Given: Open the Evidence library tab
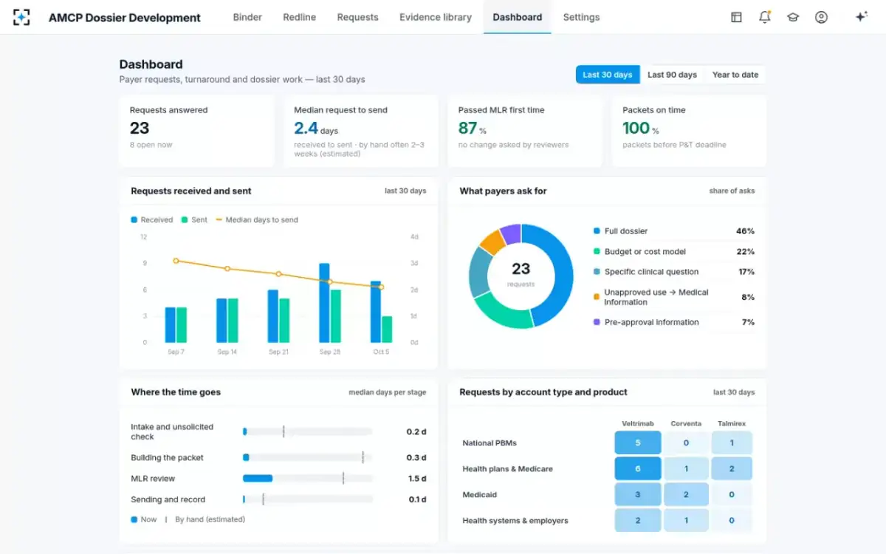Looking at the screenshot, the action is [436, 18].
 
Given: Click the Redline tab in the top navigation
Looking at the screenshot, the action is [300, 18].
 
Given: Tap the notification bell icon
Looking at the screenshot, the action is [765, 17].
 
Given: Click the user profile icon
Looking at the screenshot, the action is [821, 17].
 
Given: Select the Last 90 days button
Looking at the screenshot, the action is [672, 75].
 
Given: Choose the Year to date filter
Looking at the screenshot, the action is [735, 75].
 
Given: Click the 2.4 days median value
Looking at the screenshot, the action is [316, 129].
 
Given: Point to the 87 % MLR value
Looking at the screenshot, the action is [472, 129].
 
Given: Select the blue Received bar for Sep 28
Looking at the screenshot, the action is [324, 303].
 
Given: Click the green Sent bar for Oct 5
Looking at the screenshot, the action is [387, 329].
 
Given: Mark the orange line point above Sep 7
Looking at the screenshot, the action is [176, 261].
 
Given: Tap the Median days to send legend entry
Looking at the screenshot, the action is [257, 219].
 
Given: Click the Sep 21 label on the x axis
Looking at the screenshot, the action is [278, 352].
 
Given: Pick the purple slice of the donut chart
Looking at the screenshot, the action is [511, 234].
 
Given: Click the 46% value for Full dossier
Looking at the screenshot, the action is [745, 231].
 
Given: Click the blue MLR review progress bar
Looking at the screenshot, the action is [258, 479].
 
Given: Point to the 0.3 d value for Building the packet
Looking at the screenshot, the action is [416, 457].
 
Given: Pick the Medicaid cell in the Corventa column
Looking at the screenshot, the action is [686, 494].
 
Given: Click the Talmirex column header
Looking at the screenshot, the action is [732, 423].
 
